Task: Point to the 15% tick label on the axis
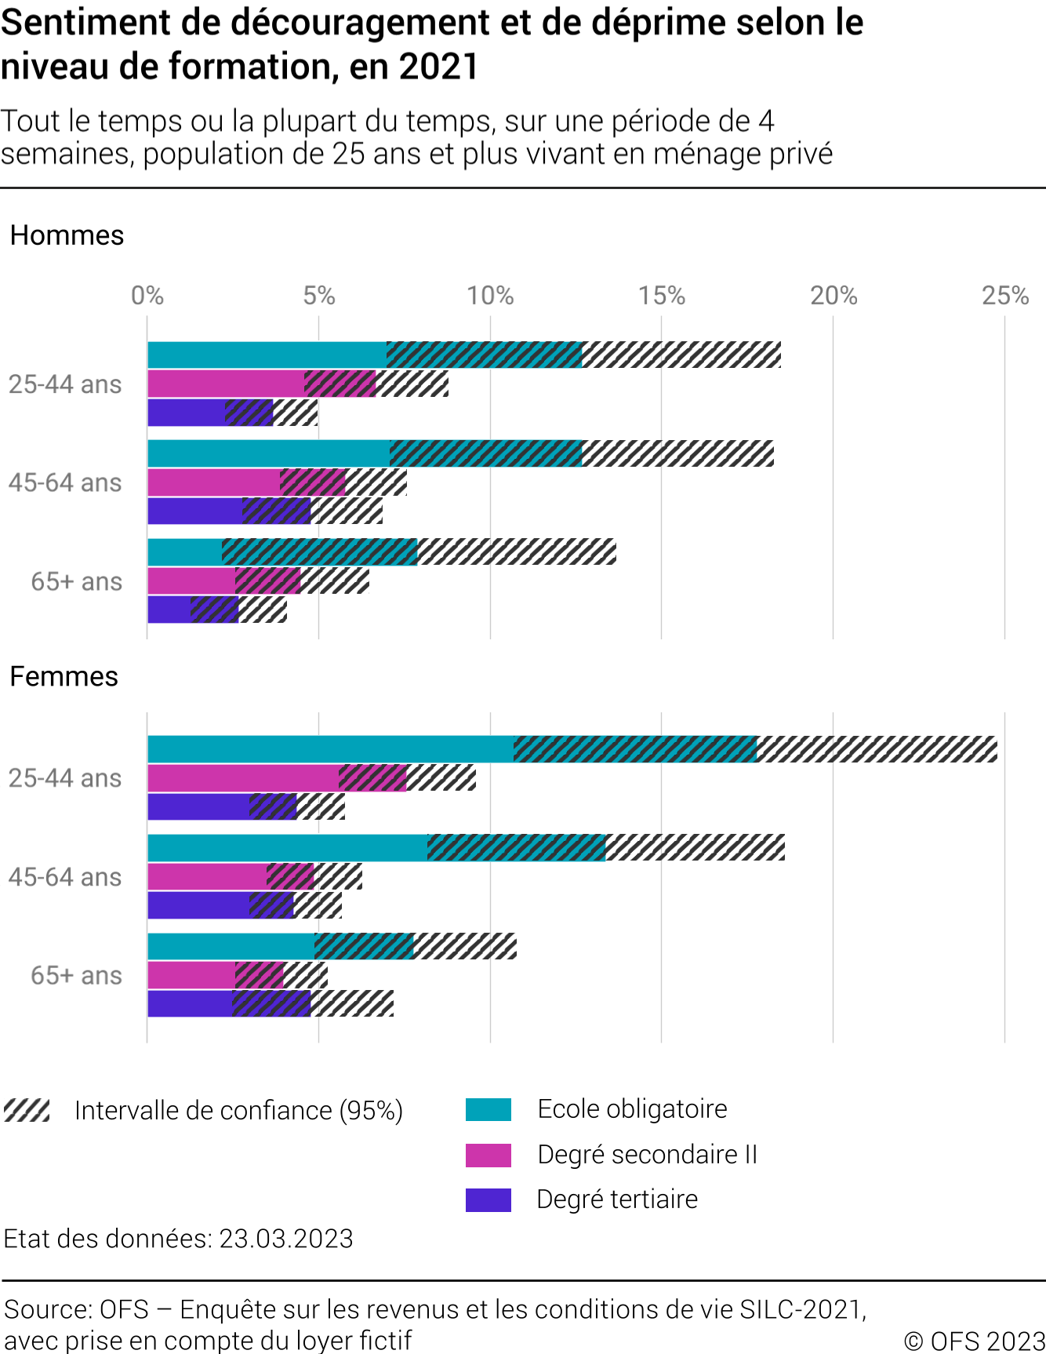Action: [x=661, y=296]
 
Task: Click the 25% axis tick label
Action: [x=1004, y=296]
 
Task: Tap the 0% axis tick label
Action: [x=147, y=296]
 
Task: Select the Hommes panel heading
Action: [x=67, y=235]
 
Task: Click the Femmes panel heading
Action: [x=64, y=676]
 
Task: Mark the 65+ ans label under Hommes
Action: [x=76, y=581]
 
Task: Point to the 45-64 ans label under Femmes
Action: [x=65, y=876]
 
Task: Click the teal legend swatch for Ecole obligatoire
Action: [x=488, y=1109]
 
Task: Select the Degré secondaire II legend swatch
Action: [x=488, y=1155]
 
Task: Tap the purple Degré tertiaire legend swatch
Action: [x=488, y=1199]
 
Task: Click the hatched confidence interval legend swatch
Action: [x=27, y=1111]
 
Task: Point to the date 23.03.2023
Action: [x=285, y=1239]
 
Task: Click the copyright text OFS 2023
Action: [x=975, y=1341]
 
